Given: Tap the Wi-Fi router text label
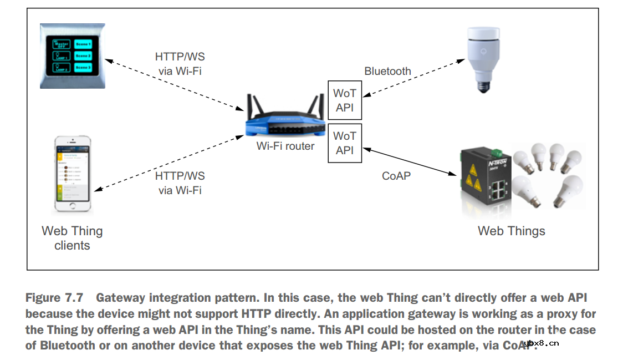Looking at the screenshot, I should click(285, 146).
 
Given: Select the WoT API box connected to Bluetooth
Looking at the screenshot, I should click(344, 100).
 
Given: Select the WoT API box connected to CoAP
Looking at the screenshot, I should click(344, 143).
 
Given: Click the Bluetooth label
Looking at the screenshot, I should click(387, 71).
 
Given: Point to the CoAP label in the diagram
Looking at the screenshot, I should click(396, 176).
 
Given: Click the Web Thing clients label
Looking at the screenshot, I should click(72, 238).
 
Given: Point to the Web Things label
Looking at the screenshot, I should click(511, 231).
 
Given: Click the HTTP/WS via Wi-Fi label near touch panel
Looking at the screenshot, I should click(180, 64).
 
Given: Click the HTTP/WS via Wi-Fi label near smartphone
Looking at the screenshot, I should click(180, 183).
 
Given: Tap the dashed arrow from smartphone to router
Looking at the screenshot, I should click(172, 160).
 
